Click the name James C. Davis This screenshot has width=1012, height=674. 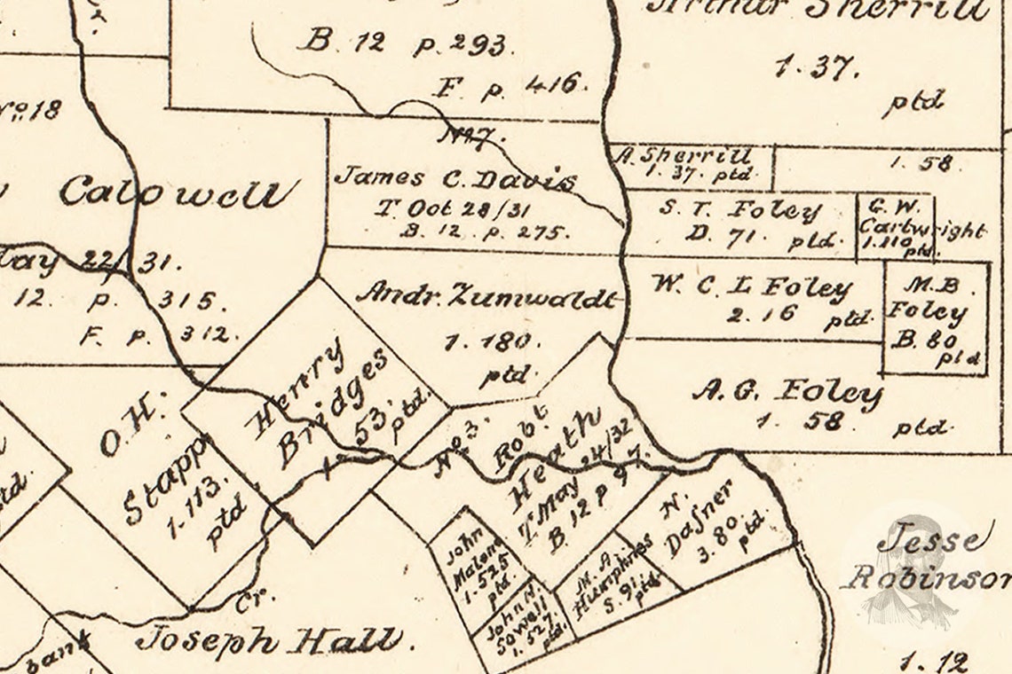[x=454, y=178]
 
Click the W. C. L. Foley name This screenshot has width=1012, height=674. [x=751, y=288]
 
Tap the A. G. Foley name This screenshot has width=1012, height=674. [x=787, y=392]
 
